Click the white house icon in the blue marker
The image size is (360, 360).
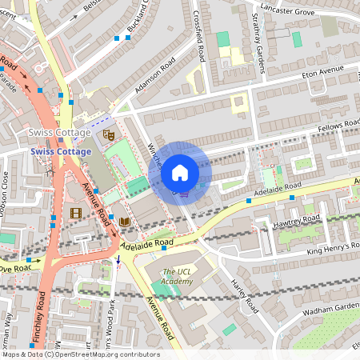180,173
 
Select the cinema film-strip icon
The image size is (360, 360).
75,213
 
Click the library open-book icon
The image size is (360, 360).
124,222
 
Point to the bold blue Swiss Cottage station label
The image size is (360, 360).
62,151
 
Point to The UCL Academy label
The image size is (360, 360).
177,276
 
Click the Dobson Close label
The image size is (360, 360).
6,192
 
